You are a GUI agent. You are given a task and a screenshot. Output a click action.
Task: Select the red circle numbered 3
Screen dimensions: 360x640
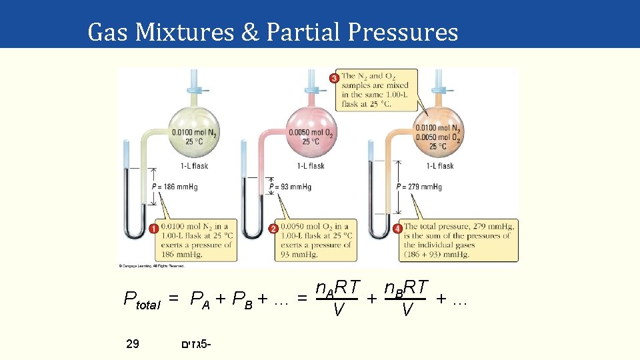[x=334, y=78]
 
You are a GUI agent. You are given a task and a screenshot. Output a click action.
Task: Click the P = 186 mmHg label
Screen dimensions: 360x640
[x=175, y=187]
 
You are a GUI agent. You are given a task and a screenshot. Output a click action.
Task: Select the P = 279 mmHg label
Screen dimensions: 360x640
[x=419, y=187]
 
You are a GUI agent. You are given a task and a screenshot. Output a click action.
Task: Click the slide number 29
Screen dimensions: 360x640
[x=133, y=344]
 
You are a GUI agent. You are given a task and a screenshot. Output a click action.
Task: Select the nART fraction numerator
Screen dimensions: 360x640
[x=337, y=288]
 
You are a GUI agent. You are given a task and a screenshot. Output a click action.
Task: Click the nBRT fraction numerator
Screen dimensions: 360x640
[x=406, y=288]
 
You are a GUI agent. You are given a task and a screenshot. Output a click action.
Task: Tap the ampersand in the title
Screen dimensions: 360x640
[x=250, y=31]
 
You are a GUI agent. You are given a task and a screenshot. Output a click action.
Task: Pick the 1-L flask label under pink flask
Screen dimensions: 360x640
[x=311, y=166]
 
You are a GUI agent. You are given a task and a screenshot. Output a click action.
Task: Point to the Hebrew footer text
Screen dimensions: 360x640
[x=195, y=345]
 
